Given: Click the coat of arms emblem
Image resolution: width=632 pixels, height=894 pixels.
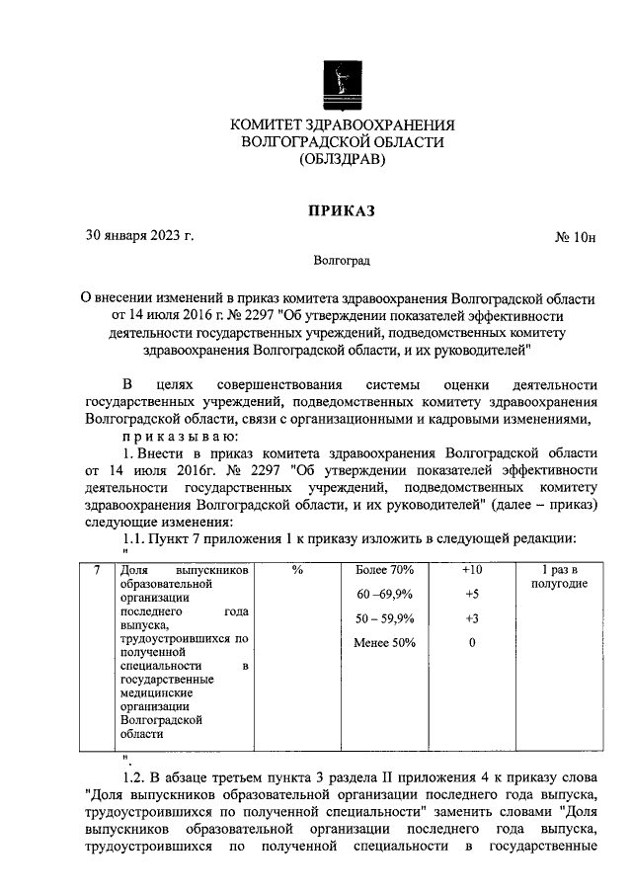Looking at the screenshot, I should coord(342,85).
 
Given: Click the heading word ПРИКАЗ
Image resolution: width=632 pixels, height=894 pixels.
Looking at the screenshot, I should coord(342,208).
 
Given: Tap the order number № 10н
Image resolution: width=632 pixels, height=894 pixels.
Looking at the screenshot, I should coord(576,237).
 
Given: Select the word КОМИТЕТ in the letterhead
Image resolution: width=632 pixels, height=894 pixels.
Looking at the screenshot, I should coord(270,125).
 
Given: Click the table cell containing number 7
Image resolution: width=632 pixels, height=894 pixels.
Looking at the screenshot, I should coord(95,571).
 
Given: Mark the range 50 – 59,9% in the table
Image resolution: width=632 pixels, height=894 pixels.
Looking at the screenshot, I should coord(385,619).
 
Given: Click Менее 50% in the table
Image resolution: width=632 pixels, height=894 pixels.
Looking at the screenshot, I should coord(385,644).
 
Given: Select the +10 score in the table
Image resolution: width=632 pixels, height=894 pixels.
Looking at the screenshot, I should coord(472,571).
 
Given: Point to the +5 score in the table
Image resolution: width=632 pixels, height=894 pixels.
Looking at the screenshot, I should coord(472,595).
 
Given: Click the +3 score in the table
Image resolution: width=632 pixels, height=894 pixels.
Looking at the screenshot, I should coord(472,619).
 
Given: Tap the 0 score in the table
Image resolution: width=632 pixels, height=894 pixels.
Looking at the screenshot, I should coord(472,644).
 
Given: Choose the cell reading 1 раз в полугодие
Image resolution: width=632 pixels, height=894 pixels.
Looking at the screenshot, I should coord(559,577).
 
